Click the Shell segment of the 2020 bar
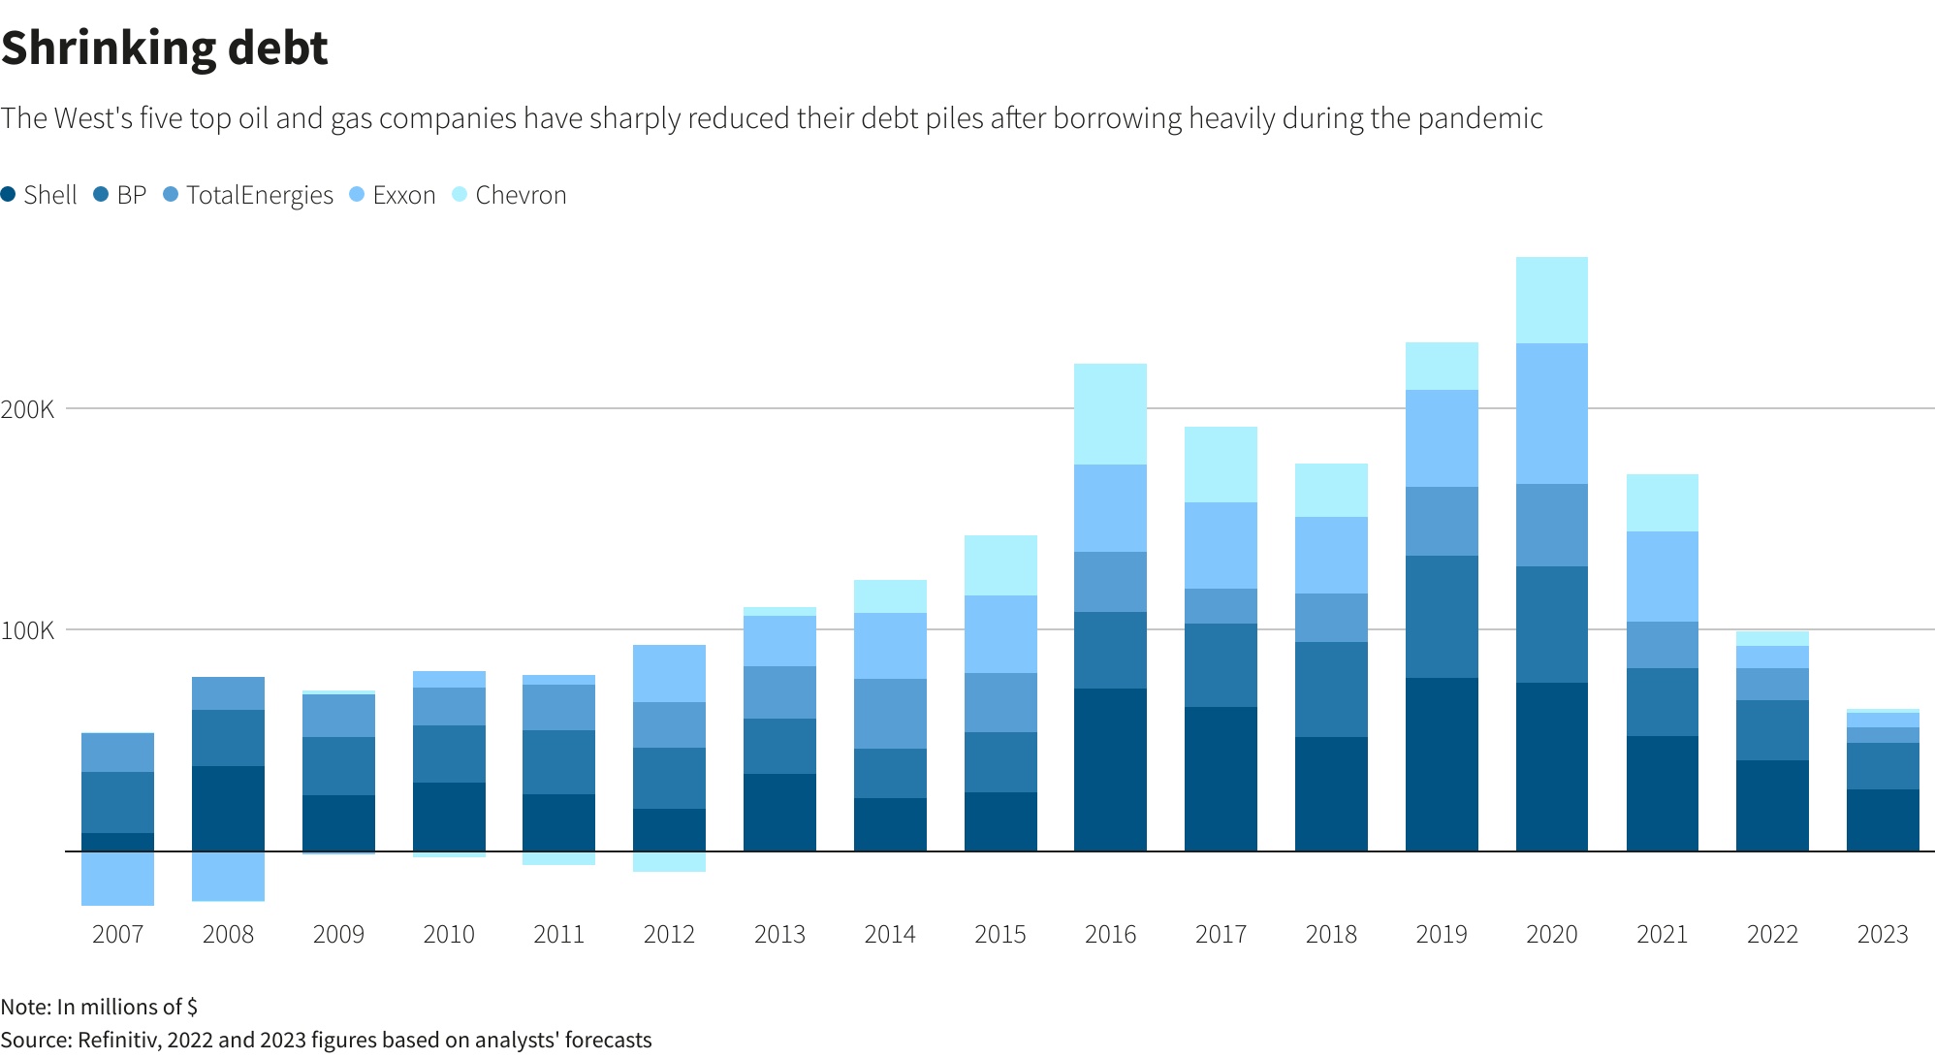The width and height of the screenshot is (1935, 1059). tap(1551, 766)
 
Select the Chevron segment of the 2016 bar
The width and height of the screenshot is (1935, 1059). tap(1110, 414)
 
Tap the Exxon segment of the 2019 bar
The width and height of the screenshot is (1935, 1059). tap(1442, 438)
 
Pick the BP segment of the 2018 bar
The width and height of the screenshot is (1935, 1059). tap(1331, 690)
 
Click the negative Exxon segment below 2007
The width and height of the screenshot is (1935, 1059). tap(117, 879)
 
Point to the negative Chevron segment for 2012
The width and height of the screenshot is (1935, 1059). tap(669, 861)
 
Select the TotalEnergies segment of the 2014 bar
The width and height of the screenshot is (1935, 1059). tap(890, 714)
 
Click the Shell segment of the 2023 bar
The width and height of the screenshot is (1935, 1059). tap(1883, 819)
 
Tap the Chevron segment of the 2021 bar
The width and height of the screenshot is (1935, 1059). tap(1662, 502)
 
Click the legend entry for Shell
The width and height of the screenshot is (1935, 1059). tap(40, 195)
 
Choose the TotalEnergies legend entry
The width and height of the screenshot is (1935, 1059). tap(249, 195)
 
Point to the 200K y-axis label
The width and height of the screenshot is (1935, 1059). tap(28, 409)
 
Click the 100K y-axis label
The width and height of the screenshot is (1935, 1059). tap(28, 630)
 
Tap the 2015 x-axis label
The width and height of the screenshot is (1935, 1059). tap(999, 934)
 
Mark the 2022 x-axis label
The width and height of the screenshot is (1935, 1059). tap(1772, 934)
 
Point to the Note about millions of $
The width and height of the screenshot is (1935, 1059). tap(99, 1007)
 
